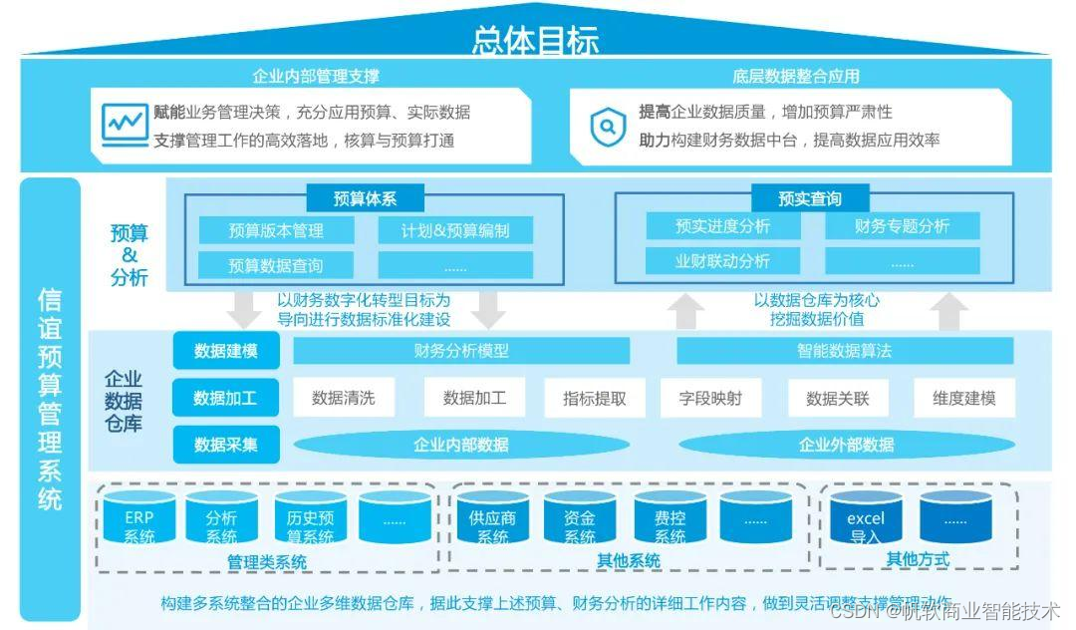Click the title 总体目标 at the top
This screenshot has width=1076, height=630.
(x=535, y=40)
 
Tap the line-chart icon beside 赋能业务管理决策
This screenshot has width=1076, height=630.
(x=125, y=125)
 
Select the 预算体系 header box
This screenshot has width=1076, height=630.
(x=365, y=198)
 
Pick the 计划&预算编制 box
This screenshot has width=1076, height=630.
(x=455, y=231)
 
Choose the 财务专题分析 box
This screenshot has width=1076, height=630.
(x=902, y=226)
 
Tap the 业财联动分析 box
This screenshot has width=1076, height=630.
(x=722, y=261)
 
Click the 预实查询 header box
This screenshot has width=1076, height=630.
(x=809, y=198)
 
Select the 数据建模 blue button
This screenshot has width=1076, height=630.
(x=225, y=351)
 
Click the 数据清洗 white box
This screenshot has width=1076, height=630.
(x=343, y=398)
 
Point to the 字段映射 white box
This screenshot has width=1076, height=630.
(x=710, y=398)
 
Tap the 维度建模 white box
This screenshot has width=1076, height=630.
(x=964, y=398)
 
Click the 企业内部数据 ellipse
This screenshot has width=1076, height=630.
(x=460, y=445)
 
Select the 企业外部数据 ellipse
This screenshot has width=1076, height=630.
(x=846, y=445)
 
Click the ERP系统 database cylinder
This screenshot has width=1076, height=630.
(x=138, y=520)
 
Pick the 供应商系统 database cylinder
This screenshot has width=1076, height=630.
(x=492, y=520)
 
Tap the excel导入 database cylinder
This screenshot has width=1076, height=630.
(x=865, y=520)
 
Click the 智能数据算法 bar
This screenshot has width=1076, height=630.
(x=844, y=351)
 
